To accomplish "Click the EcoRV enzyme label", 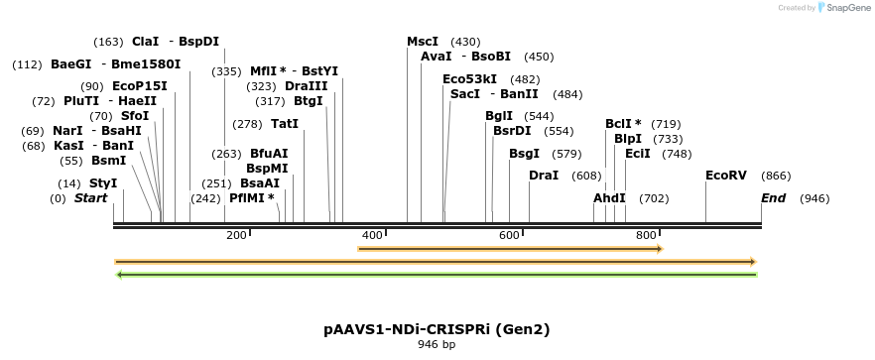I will (725, 176).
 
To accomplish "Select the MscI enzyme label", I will (423, 42).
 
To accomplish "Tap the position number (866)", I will (776, 176).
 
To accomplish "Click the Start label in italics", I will (90, 198).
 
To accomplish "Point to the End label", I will (773, 198).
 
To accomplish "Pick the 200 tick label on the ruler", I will (235, 235).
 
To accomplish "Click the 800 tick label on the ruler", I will (645, 235).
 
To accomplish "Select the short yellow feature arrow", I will (510, 248).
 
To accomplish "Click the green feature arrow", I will (437, 274).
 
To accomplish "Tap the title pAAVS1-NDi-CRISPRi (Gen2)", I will (437, 328).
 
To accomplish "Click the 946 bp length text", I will (437, 344).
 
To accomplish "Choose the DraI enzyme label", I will (544, 176).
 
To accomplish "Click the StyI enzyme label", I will (103, 183).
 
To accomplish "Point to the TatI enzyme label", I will (285, 124).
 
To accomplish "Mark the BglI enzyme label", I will (499, 116).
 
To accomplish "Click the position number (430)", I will (465, 42).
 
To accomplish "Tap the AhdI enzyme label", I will (609, 198).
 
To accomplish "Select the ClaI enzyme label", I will (145, 42).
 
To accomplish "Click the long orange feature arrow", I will (437, 262).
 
